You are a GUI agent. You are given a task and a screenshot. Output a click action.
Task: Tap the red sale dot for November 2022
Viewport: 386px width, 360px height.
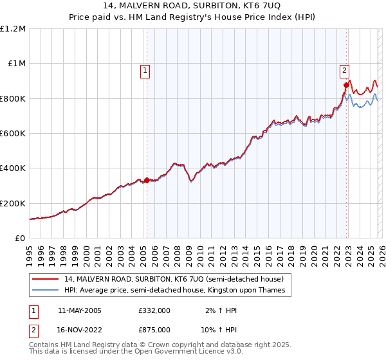tap(346, 85)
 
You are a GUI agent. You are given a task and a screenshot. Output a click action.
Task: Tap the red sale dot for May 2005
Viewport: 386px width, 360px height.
tap(147, 180)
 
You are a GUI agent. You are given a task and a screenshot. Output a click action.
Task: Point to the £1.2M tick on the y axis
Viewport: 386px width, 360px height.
tap(14, 29)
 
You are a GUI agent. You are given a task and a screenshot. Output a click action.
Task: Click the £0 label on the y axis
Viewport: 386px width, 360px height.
tap(20, 238)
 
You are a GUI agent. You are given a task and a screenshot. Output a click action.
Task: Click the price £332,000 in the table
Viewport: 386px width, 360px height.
tap(154, 310)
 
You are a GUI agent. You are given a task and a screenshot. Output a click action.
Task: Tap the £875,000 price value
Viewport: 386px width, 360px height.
tap(154, 329)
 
